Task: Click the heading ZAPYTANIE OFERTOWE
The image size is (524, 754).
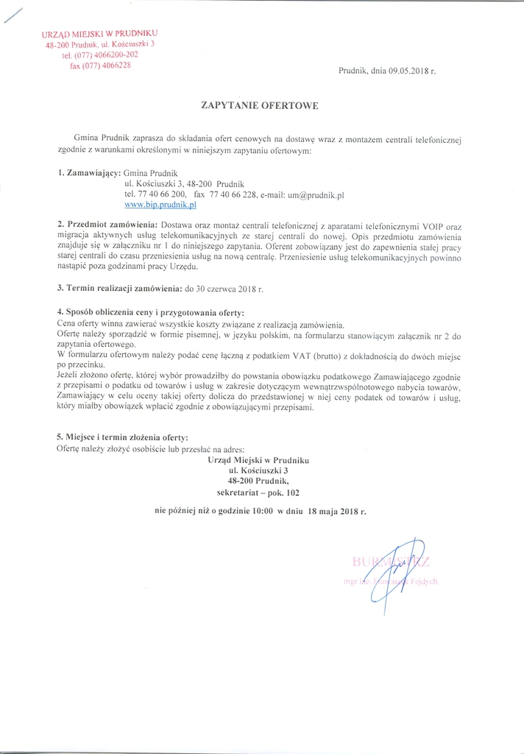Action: coord(259,106)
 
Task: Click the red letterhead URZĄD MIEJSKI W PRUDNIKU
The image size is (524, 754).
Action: coord(99,35)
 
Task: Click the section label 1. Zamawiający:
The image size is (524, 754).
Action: coord(85,171)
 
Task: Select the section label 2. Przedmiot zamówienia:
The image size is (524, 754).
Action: coord(107,223)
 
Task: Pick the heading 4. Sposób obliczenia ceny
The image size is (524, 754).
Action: coord(150,313)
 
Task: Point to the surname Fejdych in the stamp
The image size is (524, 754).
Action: coord(424,582)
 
